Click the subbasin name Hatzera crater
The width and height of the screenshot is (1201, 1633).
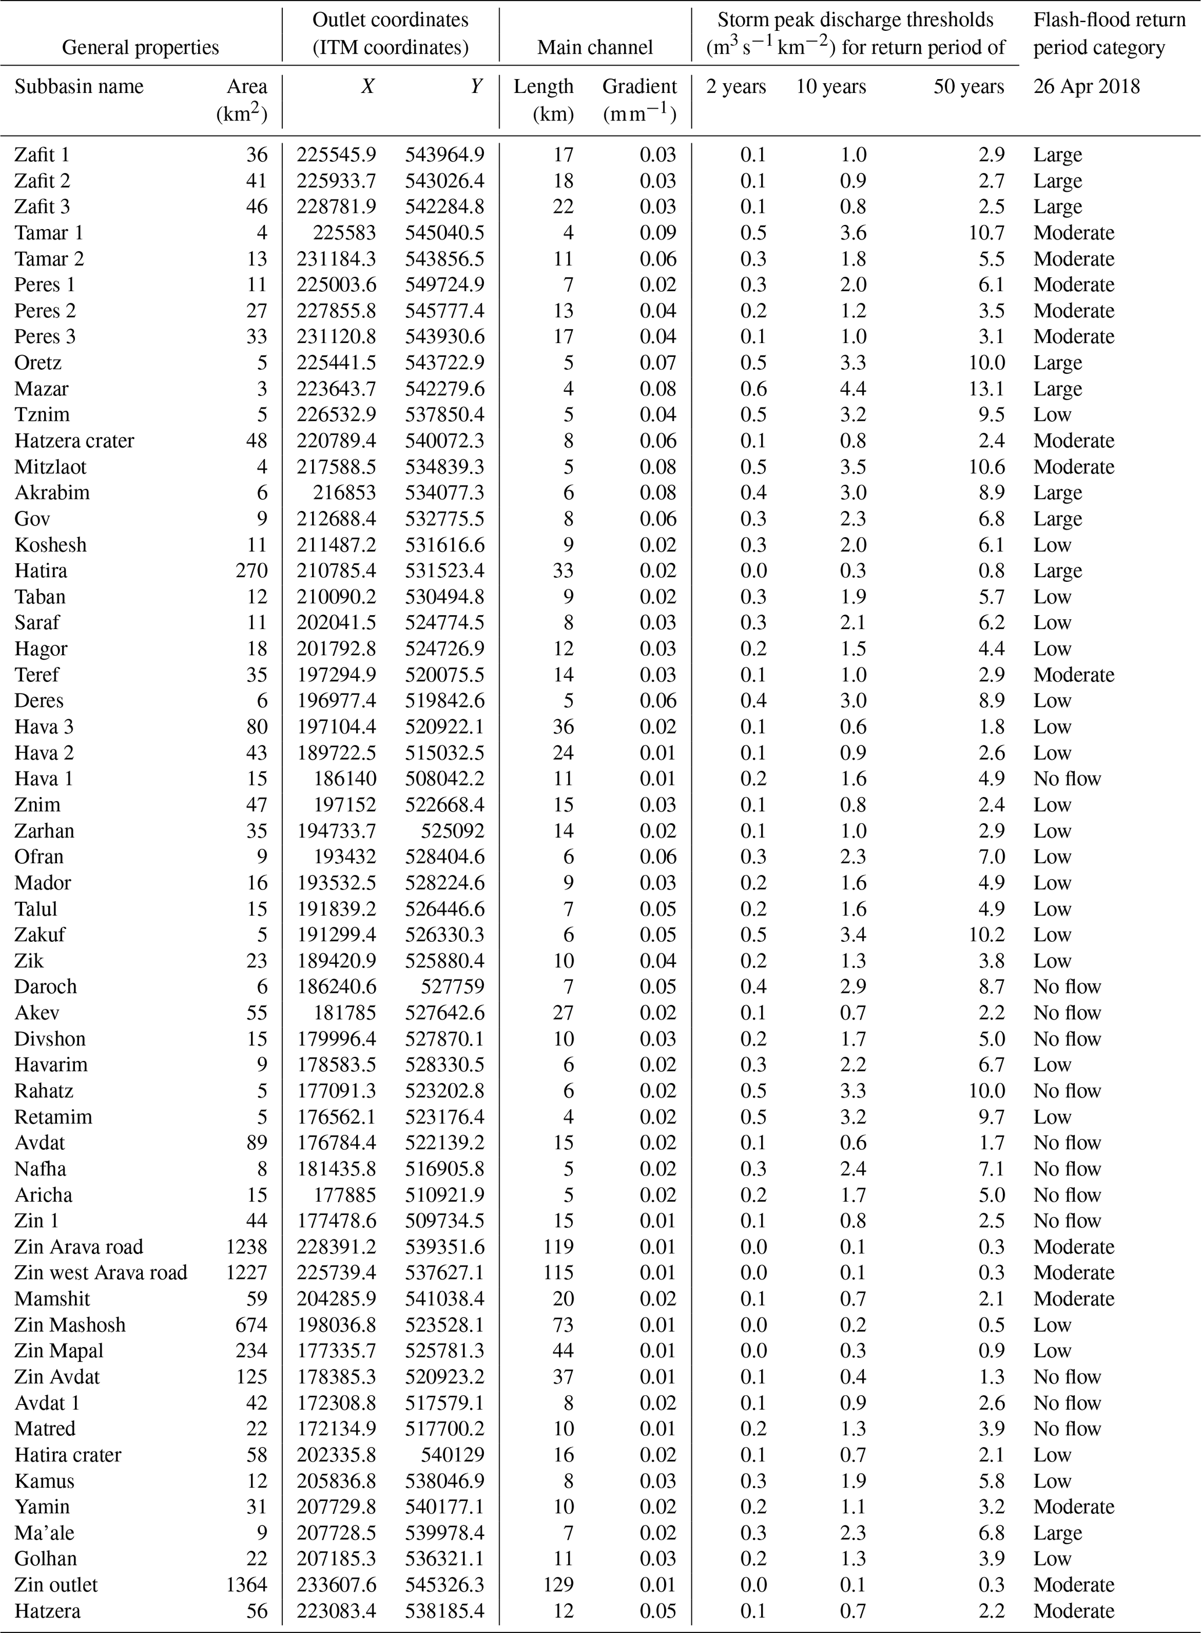tap(74, 441)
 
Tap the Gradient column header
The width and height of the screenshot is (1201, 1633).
tap(639, 87)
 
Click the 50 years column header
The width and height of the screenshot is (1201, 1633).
tap(969, 87)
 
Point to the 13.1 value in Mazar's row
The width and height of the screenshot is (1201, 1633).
tap(987, 389)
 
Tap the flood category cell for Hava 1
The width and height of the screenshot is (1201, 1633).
tap(1067, 779)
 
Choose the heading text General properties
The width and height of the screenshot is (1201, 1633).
tap(140, 48)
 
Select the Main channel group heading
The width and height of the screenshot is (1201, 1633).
tap(594, 48)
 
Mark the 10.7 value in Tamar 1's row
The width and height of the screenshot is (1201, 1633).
tap(987, 233)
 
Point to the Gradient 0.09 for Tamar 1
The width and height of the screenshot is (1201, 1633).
tap(658, 233)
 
